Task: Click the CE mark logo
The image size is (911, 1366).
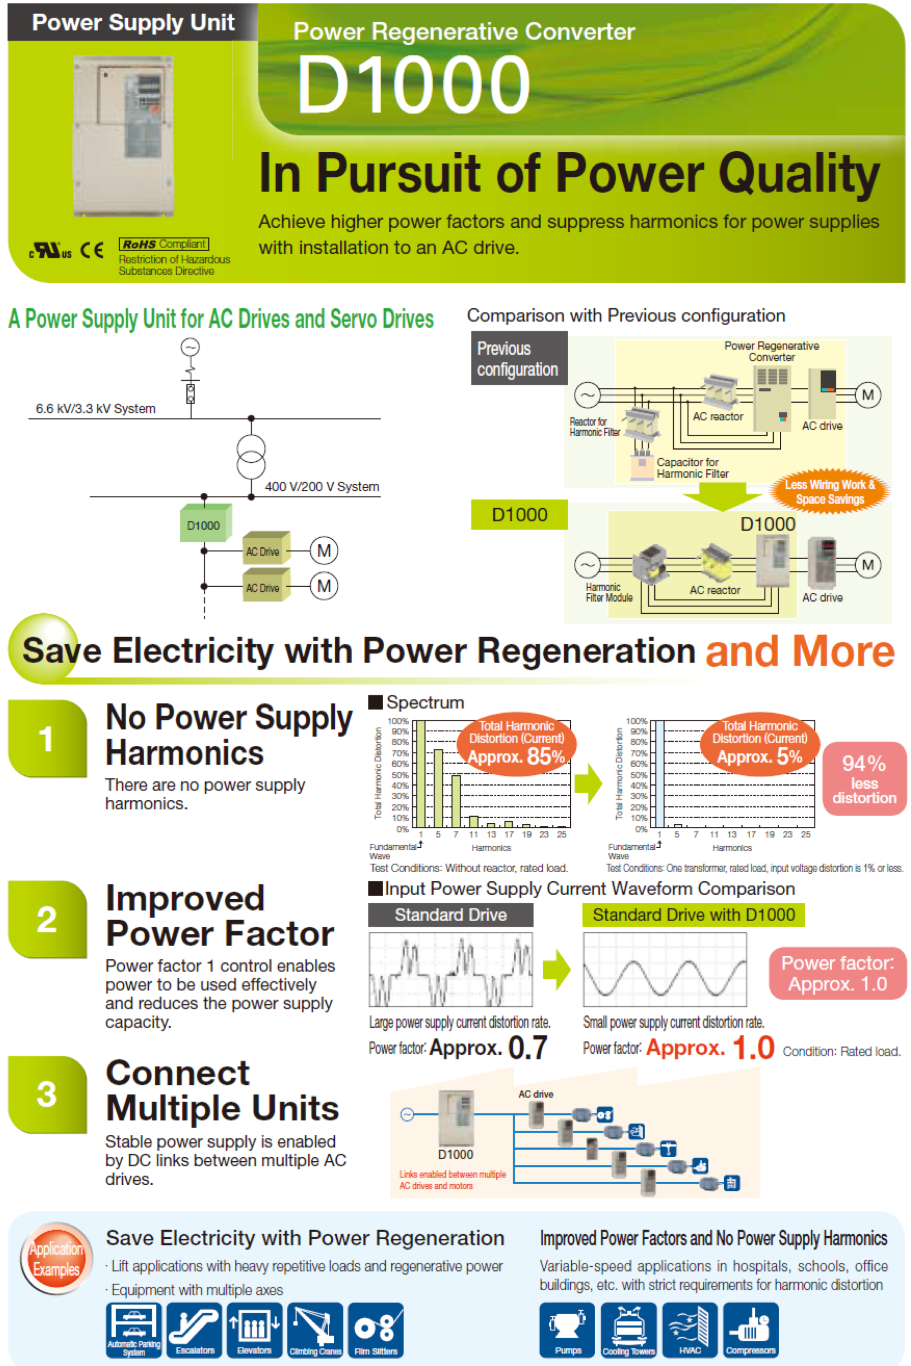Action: [x=92, y=250]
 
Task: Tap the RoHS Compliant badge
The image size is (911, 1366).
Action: [x=163, y=244]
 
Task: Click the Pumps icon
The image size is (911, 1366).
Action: [x=567, y=1330]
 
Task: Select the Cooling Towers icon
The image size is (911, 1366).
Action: [x=629, y=1330]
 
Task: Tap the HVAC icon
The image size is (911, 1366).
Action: [x=689, y=1330]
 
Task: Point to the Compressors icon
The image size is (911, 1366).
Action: [x=751, y=1330]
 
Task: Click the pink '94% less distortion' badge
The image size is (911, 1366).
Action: [x=864, y=779]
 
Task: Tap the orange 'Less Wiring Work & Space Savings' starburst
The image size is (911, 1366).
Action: [x=830, y=492]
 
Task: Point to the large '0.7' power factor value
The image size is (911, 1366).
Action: [x=527, y=1047]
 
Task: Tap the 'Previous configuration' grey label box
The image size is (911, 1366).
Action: [x=518, y=358]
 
